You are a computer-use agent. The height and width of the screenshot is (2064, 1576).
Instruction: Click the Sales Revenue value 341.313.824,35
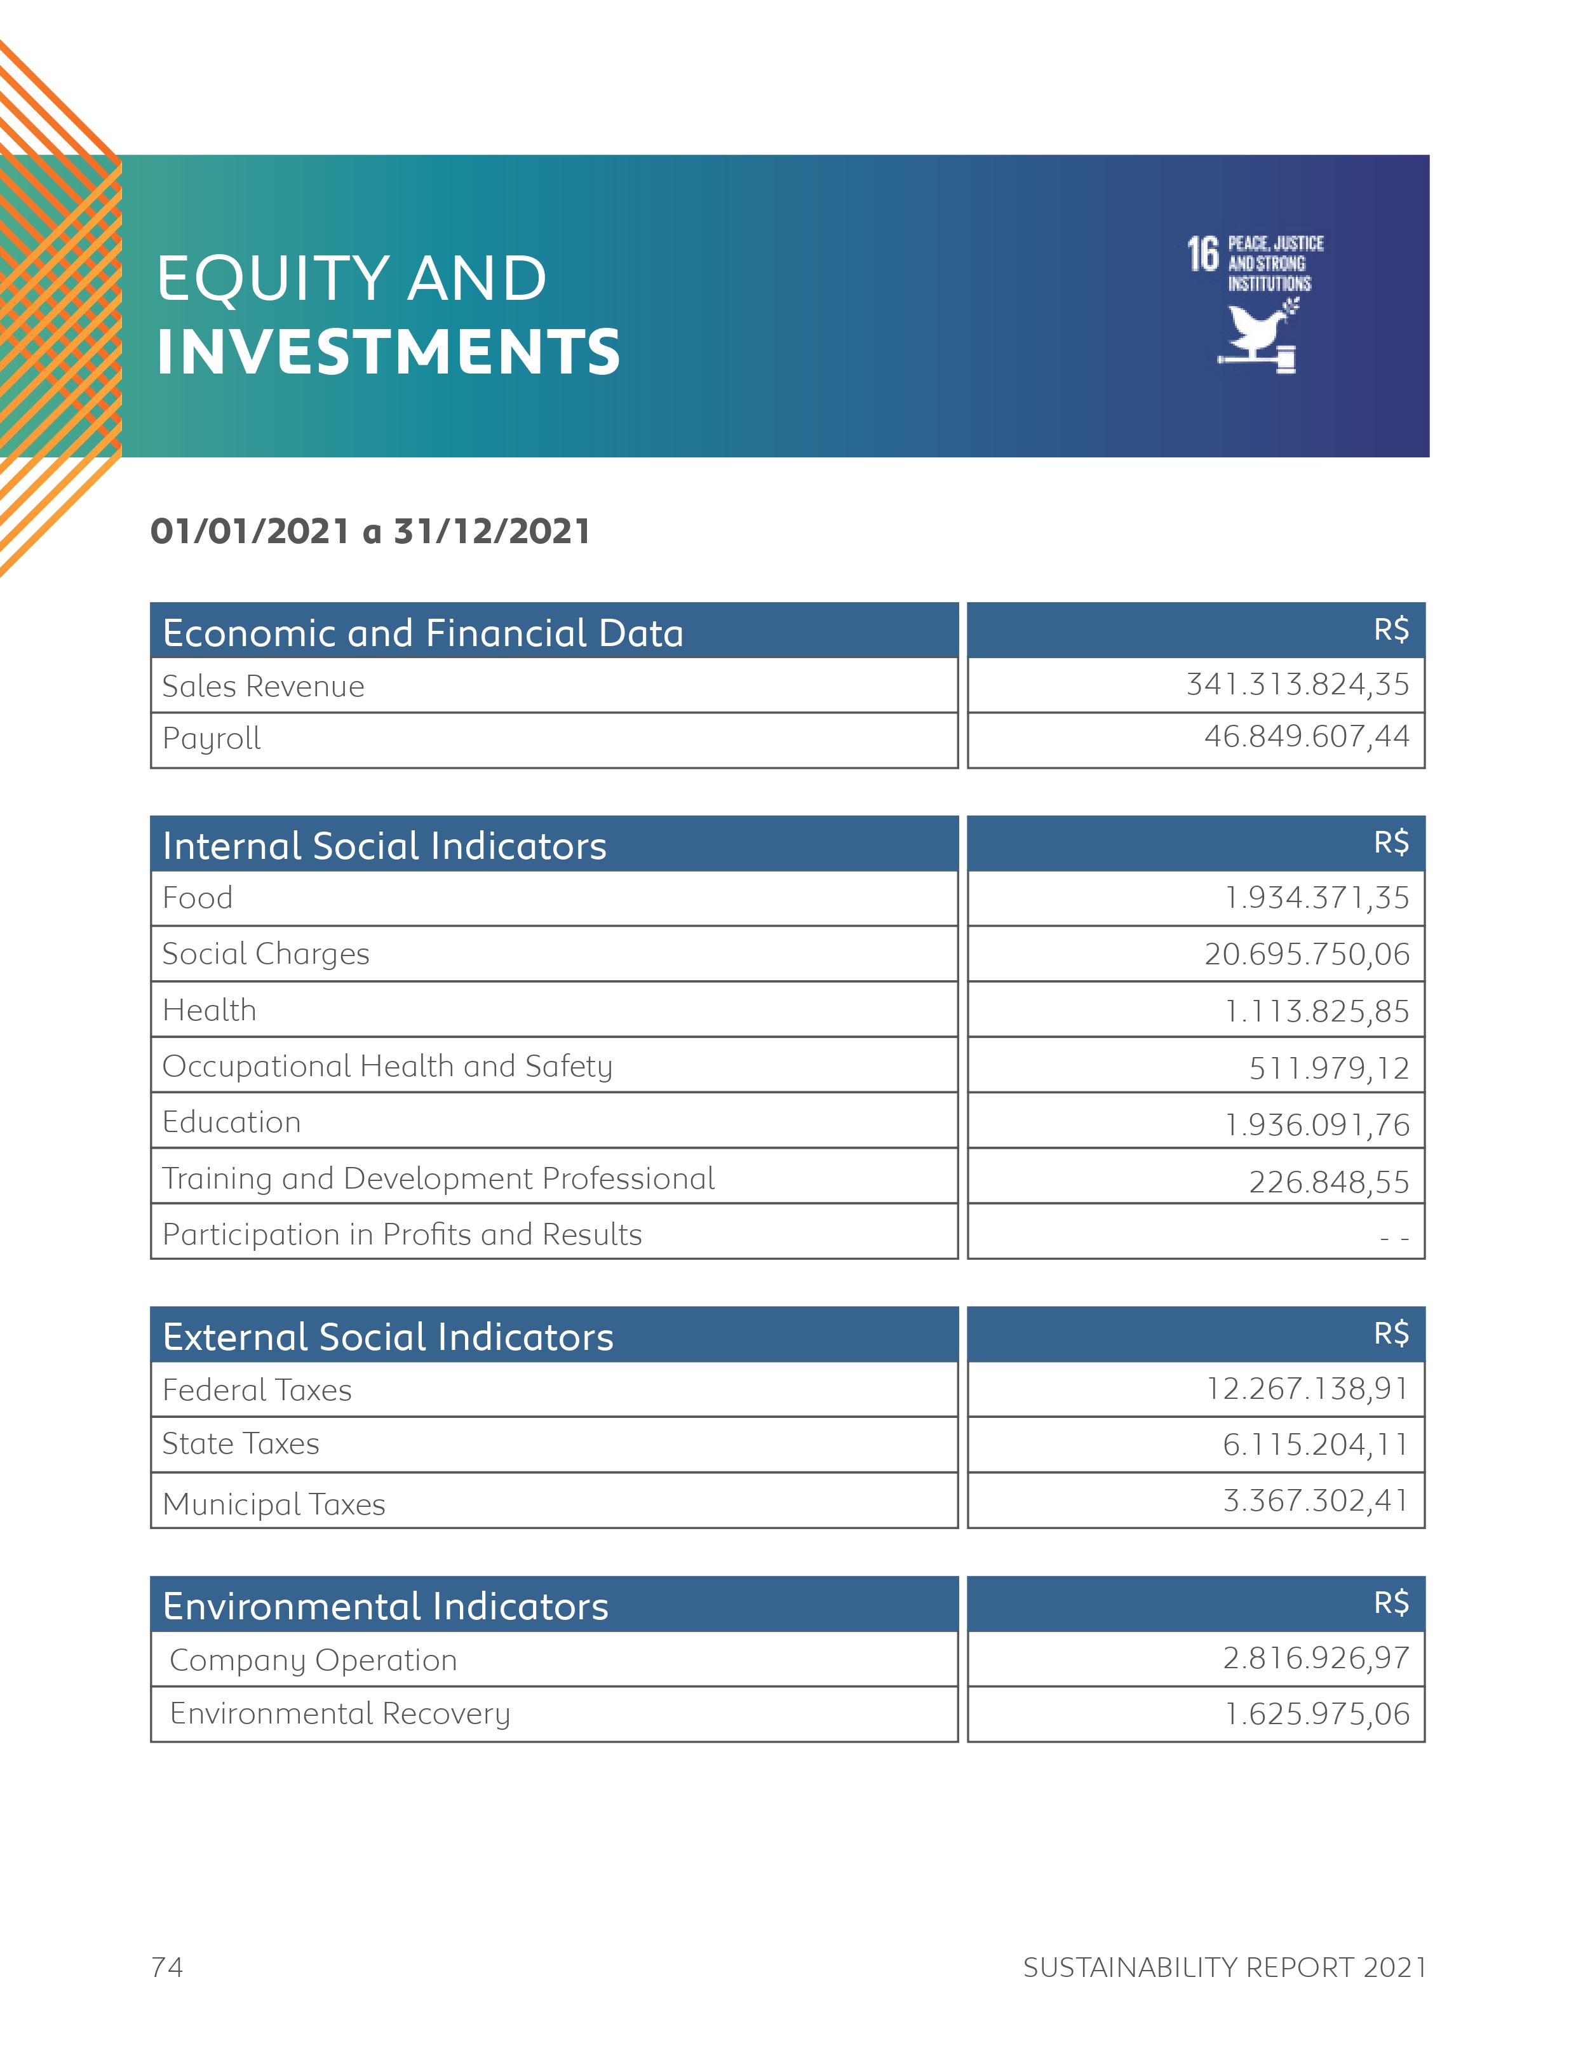pos(1296,684)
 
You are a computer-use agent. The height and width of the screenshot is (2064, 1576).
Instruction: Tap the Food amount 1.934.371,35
pos(1316,898)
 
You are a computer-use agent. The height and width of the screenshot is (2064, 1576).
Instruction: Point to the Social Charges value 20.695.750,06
pos(1306,954)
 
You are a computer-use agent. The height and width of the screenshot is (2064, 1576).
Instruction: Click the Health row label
pos(209,1011)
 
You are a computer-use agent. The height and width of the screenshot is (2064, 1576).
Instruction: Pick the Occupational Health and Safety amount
pos(1328,1068)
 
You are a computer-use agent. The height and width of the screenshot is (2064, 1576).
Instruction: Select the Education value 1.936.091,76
pos(1316,1124)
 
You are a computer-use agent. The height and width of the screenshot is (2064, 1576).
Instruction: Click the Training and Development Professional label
pos(438,1178)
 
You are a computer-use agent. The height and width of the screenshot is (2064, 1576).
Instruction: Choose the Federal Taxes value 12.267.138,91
pos(1307,1389)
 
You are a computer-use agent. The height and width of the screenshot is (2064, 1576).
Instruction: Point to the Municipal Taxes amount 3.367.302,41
pos(1315,1500)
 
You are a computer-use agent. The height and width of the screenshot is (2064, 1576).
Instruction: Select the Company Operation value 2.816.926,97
pos(1315,1658)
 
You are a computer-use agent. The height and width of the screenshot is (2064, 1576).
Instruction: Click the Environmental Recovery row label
pos(340,1714)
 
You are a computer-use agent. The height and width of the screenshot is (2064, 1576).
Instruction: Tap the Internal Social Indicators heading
pos(384,846)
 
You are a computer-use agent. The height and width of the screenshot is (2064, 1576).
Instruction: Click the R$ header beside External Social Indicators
pos(1391,1333)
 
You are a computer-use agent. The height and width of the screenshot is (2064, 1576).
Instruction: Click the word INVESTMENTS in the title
pos(388,352)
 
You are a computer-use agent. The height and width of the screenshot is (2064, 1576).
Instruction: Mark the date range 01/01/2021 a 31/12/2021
pos(370,532)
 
